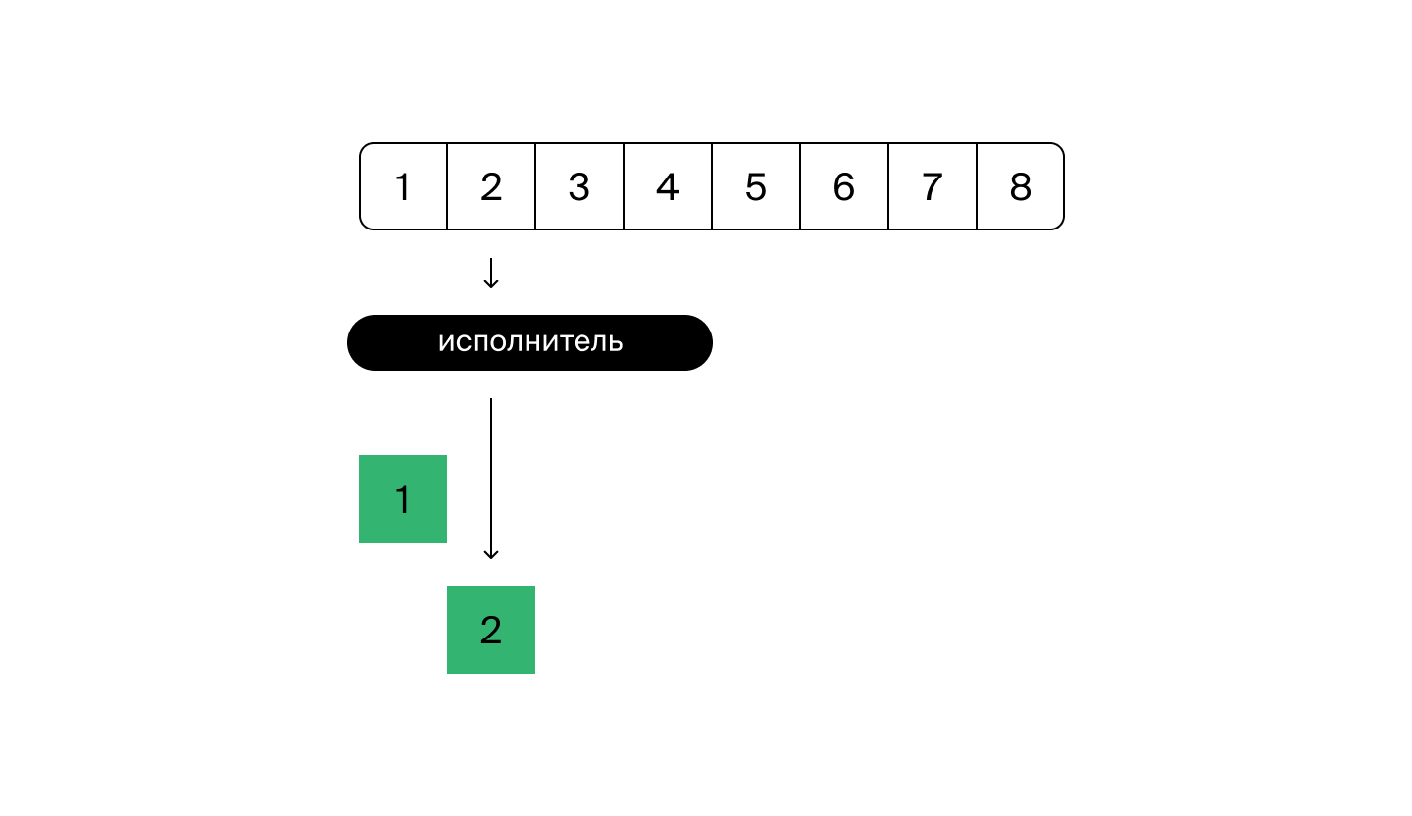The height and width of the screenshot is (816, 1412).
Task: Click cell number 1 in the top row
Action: click(x=403, y=186)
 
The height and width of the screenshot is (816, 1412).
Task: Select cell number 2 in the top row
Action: click(x=491, y=186)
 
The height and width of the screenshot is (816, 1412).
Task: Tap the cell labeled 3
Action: click(x=580, y=186)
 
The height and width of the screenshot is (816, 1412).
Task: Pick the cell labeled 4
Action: click(x=668, y=186)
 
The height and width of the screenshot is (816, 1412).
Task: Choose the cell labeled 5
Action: click(x=756, y=186)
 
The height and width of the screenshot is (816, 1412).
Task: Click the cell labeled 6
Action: click(x=844, y=186)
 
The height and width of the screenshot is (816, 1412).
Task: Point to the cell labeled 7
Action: click(x=933, y=186)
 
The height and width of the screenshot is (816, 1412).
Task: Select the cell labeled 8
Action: click(x=1021, y=186)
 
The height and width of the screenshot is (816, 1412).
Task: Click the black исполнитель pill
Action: click(x=529, y=342)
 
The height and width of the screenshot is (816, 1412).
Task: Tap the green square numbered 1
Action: click(x=403, y=499)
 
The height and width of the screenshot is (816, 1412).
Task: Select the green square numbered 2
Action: click(x=491, y=630)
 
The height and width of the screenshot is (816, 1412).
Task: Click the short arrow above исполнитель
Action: click(x=491, y=273)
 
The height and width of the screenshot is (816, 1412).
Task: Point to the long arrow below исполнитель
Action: click(x=491, y=479)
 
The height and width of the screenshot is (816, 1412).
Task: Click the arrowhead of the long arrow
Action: click(x=491, y=556)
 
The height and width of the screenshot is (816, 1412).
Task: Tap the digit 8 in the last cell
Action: click(x=1021, y=186)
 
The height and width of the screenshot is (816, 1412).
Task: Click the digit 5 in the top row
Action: click(x=756, y=186)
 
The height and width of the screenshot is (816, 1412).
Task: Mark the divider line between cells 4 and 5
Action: click(x=712, y=186)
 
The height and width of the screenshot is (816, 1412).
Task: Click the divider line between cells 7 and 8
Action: click(x=977, y=186)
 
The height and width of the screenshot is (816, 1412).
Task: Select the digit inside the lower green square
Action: click(x=491, y=630)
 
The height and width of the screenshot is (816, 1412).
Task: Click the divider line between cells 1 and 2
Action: click(x=447, y=186)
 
